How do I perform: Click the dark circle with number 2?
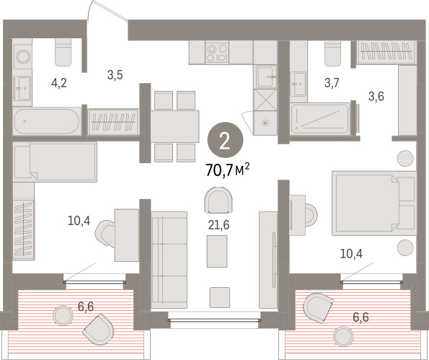click(225, 140)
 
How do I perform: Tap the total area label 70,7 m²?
click(227, 170)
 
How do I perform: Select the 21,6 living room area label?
click(218, 225)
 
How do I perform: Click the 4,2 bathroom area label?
click(59, 83)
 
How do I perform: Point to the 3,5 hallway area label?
click(115, 75)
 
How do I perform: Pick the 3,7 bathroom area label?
click(332, 82)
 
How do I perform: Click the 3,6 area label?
click(376, 97)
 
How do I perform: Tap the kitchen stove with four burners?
click(217, 53)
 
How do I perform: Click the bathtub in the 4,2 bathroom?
click(47, 121)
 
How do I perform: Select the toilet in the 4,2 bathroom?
click(63, 52)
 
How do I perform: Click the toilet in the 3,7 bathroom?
click(333, 53)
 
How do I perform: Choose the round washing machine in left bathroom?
click(22, 57)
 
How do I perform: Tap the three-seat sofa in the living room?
click(169, 260)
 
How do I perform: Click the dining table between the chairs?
click(174, 126)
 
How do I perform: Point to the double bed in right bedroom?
click(374, 203)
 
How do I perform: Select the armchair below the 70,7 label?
click(218, 200)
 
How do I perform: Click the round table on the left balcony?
click(63, 315)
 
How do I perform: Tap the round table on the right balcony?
click(344, 337)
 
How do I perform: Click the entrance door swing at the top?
click(107, 11)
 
